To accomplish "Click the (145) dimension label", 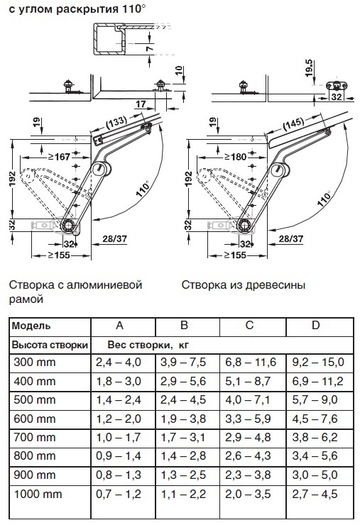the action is point(294,124).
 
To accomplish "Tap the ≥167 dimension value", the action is point(59,157).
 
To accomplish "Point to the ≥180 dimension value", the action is point(235,157).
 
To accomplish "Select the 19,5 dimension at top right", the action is point(309,68).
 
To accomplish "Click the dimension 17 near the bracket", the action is point(141,104).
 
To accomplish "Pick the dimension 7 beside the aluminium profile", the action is point(150,48).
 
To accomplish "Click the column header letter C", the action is point(250,326).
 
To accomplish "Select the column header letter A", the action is point(120,326).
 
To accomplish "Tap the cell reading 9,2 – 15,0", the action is point(318,363).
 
